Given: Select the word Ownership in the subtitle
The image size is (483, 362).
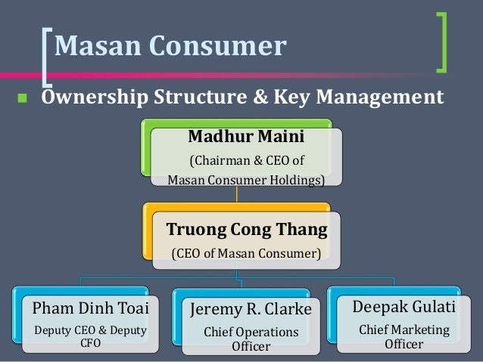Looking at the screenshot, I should (x=93, y=97).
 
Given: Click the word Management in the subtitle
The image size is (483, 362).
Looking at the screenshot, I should (x=379, y=97).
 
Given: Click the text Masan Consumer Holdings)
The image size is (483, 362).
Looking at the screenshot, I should (x=245, y=180).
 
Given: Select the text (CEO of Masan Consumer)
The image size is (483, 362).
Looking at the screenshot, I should (x=245, y=252).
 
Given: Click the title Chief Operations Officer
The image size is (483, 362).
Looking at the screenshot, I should (x=251, y=339).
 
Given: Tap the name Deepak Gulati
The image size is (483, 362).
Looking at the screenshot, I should (x=404, y=308).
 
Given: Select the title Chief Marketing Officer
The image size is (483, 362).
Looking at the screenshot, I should (x=404, y=337).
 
